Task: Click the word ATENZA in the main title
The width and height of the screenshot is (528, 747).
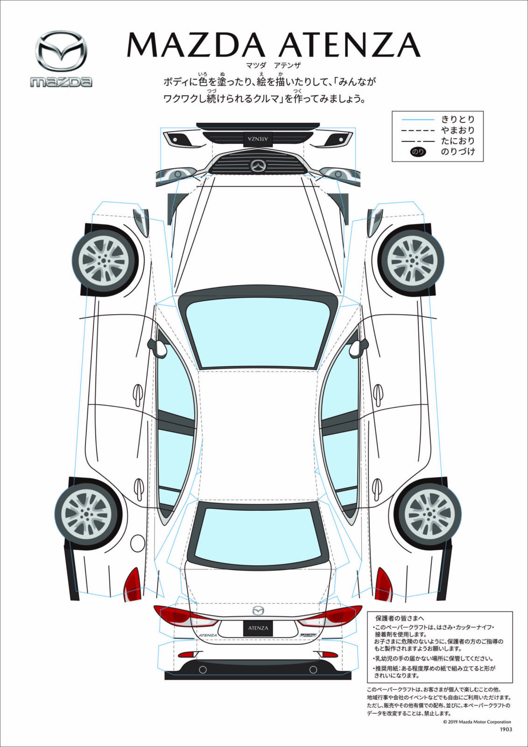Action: coord(349,45)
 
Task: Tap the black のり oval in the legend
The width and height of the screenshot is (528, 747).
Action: coord(417,152)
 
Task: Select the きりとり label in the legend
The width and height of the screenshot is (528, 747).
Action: coord(458,120)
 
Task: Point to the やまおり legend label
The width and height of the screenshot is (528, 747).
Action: coord(458,130)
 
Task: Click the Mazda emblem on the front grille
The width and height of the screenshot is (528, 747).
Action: coord(258,165)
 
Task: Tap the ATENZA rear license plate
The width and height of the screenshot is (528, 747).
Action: coord(258,628)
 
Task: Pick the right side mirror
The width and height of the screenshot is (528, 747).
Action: coord(357,347)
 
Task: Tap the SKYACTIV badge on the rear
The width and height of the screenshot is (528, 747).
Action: coord(308,635)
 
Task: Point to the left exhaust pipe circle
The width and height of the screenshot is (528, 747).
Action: coord(203,669)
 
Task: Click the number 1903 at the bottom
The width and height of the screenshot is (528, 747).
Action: coord(506,729)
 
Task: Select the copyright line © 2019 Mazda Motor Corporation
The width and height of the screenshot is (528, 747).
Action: coord(477,722)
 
